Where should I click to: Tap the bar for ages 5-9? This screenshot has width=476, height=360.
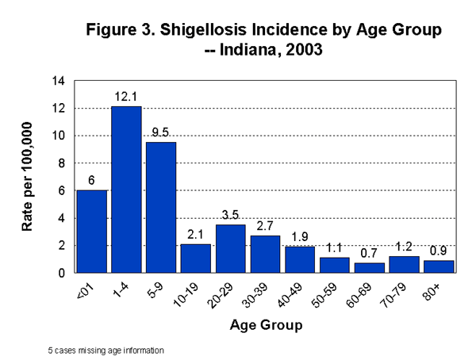tap(160, 207)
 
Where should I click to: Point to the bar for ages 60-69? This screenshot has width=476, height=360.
tap(370, 267)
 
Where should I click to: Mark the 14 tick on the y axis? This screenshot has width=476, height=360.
tap(59, 81)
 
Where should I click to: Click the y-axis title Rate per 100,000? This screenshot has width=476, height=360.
tap(29, 176)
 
